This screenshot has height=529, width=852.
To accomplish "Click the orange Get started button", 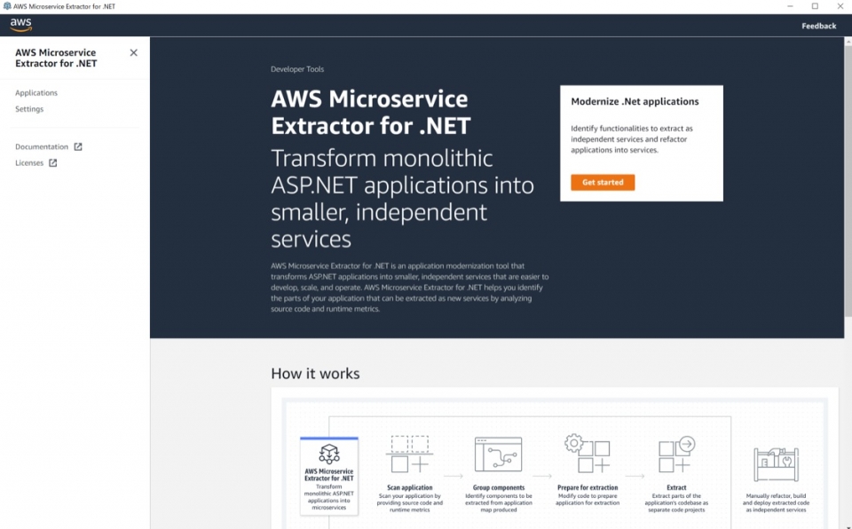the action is click(x=603, y=183).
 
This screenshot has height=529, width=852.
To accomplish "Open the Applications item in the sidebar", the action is click(x=36, y=93).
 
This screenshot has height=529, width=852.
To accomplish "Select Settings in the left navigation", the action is click(x=29, y=109).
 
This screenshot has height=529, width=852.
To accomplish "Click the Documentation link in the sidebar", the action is click(x=42, y=147).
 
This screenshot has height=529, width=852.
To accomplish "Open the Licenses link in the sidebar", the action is click(x=29, y=163).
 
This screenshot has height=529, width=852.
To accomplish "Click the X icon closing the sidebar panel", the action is click(x=134, y=52).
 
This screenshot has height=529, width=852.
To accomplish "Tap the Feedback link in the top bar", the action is click(x=818, y=26).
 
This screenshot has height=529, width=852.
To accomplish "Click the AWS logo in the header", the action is click(x=21, y=25).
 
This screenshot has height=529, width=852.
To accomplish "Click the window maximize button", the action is click(x=815, y=6).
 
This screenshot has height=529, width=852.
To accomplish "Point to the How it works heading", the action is click(x=315, y=374).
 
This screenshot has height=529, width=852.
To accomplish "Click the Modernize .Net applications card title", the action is click(x=635, y=102).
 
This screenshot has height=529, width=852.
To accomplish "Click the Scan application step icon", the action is click(x=409, y=454).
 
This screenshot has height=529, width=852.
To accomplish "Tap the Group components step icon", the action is click(x=498, y=454).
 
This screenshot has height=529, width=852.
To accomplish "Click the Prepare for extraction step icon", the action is click(x=588, y=454).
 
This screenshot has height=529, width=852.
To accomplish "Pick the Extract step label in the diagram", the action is click(x=676, y=487).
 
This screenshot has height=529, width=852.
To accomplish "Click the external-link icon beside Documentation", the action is click(x=78, y=147).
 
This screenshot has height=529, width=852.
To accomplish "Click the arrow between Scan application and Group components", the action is click(x=454, y=476).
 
